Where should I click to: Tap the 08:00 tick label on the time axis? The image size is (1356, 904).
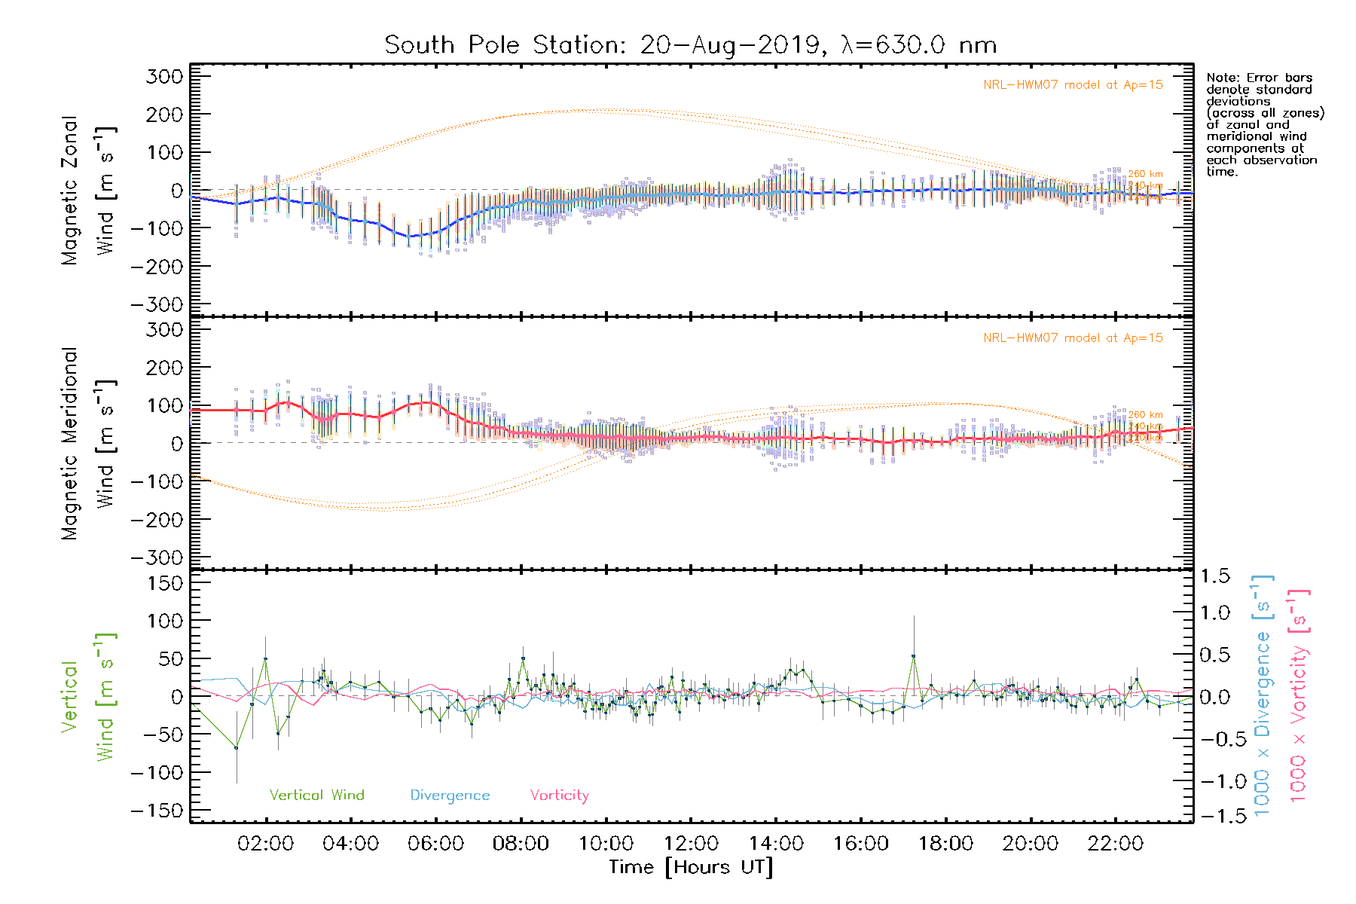pos(521,844)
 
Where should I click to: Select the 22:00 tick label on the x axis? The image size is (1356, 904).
pos(1116,844)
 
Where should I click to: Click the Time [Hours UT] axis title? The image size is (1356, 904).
pos(691,867)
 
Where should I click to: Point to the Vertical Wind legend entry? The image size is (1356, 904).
pos(316,796)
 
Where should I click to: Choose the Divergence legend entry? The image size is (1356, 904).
pos(450,796)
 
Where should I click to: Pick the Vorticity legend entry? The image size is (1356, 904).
pos(559,796)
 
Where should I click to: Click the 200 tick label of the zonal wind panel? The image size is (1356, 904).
pos(164,115)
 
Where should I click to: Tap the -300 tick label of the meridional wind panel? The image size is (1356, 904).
pos(157,557)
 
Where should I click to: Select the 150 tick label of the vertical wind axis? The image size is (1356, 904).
pos(164,583)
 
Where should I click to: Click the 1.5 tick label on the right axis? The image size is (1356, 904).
pos(1214,576)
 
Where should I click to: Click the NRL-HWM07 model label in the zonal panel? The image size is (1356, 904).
pos(1073,85)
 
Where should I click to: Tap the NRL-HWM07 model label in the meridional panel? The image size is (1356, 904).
pos(1073,338)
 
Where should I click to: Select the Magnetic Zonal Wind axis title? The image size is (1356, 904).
pos(87,191)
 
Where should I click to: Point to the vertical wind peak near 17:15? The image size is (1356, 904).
pos(913,656)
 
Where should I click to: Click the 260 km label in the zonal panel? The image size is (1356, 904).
pos(1145,174)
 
